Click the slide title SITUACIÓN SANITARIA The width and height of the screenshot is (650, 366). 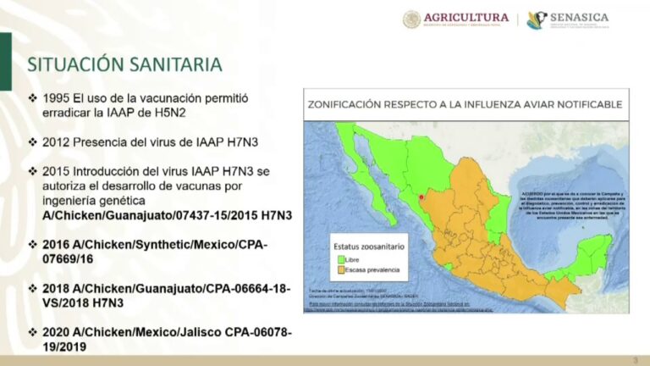pyautogui.click(x=124, y=64)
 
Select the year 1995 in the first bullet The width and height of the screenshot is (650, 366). pyautogui.click(x=57, y=98)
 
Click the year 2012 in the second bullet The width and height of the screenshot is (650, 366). pyautogui.click(x=57, y=141)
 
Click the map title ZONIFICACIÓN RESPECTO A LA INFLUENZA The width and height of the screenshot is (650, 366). pyautogui.click(x=464, y=104)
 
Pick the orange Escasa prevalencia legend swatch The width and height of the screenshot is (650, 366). pyautogui.click(x=343, y=270)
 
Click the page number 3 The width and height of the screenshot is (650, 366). pyautogui.click(x=635, y=359)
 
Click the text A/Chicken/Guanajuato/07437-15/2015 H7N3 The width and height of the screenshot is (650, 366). pyautogui.click(x=167, y=215)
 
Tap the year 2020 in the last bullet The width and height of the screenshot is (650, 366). pyautogui.click(x=57, y=332)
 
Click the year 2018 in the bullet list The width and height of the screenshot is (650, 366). pyautogui.click(x=57, y=288)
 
